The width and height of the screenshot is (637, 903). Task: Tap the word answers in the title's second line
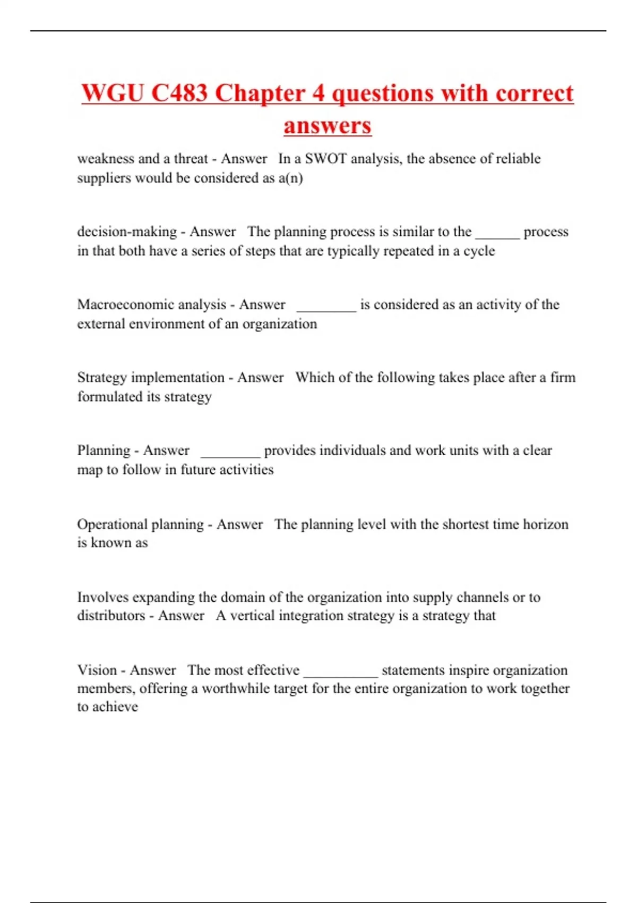(328, 126)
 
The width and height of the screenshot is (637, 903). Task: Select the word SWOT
(325, 159)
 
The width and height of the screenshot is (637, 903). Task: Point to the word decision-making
(127, 232)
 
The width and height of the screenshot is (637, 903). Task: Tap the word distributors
(111, 616)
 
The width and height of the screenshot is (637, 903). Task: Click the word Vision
(97, 670)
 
